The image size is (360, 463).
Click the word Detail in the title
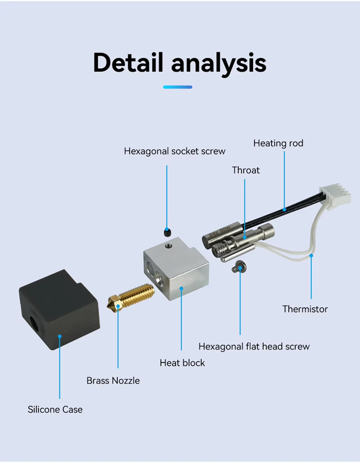pyautogui.click(x=128, y=62)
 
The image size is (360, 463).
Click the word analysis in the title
pyautogui.click(x=219, y=63)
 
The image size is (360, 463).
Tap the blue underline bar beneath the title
pyautogui.click(x=178, y=87)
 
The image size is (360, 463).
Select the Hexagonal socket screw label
pyautogui.click(x=175, y=151)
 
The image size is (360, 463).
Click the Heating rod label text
pyautogui.click(x=278, y=143)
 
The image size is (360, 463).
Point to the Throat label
pyautogui.click(x=246, y=170)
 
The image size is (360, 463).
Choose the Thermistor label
pyautogui.click(x=305, y=309)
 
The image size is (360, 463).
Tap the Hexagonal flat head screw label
pyautogui.click(x=254, y=347)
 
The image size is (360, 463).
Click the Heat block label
pyautogui.click(x=182, y=363)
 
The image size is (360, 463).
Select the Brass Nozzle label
pyautogui.click(x=113, y=381)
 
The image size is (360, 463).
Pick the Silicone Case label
pyautogui.click(x=55, y=409)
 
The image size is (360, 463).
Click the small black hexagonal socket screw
pyautogui.click(x=167, y=232)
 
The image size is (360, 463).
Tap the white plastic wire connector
pyautogui.click(x=336, y=195)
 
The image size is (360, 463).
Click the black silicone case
pyautogui.click(x=59, y=309)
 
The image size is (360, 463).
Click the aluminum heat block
pyautogui.click(x=176, y=269)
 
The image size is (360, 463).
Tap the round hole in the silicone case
pyautogui.click(x=34, y=325)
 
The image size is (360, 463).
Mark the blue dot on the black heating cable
pyautogui.click(x=284, y=210)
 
